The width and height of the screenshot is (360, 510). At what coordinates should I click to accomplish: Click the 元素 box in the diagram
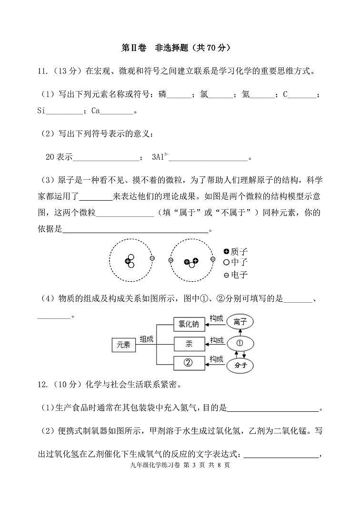tap(123, 345)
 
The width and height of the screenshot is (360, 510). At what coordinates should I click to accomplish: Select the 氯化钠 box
tap(189, 324)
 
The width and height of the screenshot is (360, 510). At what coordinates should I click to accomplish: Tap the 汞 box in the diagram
tap(189, 344)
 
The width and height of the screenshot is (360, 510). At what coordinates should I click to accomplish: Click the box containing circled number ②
tap(189, 363)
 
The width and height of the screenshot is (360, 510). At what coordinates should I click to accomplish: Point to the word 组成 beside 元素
tap(146, 339)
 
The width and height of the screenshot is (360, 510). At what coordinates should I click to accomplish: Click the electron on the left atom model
tap(152, 258)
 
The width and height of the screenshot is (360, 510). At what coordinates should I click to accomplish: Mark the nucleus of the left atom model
tap(130, 261)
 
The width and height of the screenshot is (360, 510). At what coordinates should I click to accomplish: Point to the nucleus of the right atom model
tap(191, 262)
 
